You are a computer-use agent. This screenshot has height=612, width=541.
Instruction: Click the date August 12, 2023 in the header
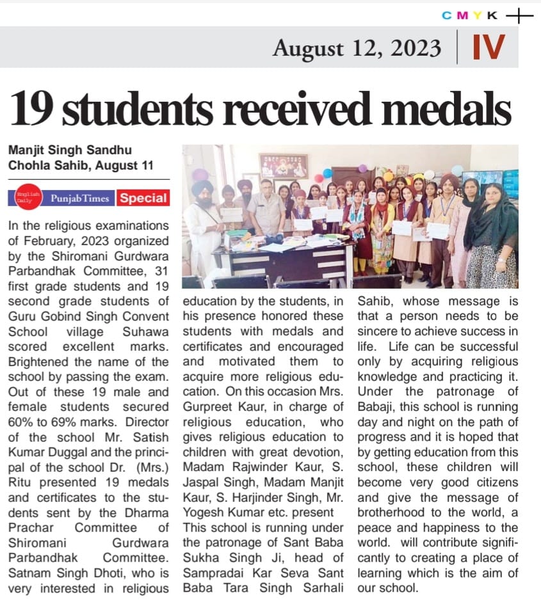357,48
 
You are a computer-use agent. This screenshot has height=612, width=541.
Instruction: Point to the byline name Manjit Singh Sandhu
70,150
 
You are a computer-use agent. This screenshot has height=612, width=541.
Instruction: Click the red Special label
143,198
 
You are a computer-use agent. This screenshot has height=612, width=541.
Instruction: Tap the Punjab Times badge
81,198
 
